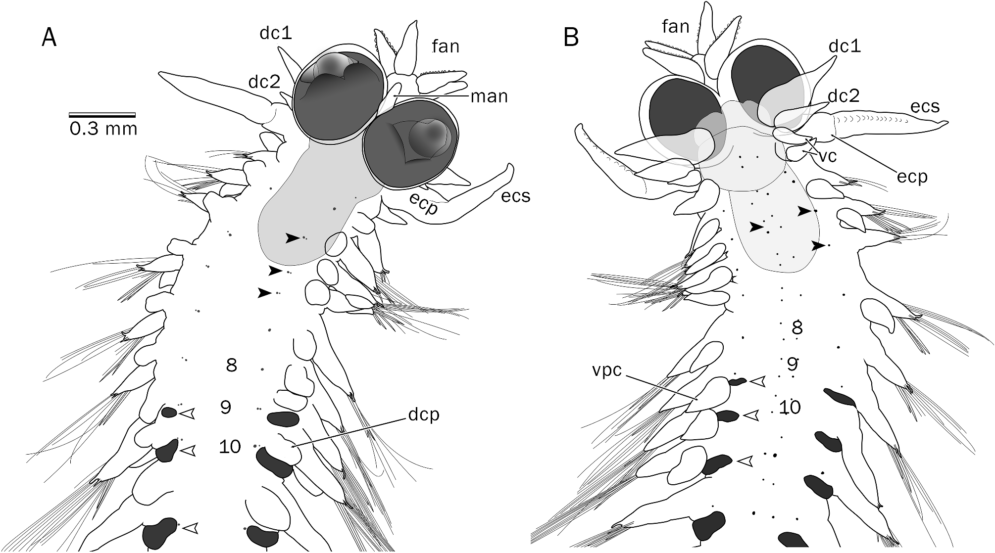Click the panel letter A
(49, 37)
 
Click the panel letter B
(571, 37)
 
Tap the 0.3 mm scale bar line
(102, 115)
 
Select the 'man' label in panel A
(489, 96)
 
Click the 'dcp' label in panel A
(424, 414)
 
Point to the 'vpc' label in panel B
(606, 370)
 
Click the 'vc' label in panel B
(827, 156)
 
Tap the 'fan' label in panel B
(676, 26)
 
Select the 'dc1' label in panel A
(276, 33)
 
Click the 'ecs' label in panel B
(925, 106)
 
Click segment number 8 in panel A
(231, 366)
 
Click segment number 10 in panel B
(790, 407)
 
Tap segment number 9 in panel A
(226, 407)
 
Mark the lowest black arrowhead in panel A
(265, 293)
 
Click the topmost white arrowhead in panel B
(757, 381)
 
